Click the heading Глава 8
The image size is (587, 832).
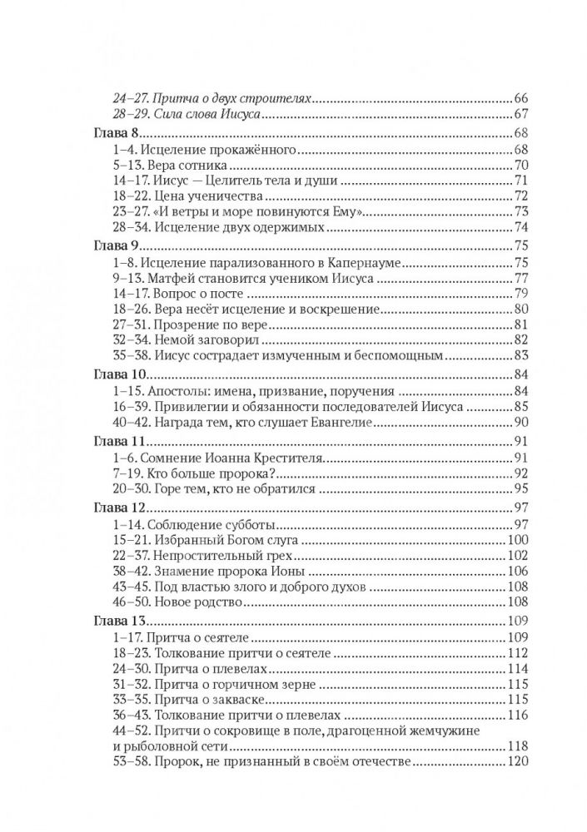tap(116, 134)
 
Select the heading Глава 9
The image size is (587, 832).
tap(116, 245)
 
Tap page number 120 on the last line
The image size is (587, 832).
tap(519, 760)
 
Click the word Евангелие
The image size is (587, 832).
tap(344, 422)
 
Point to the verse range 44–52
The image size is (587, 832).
tap(126, 730)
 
